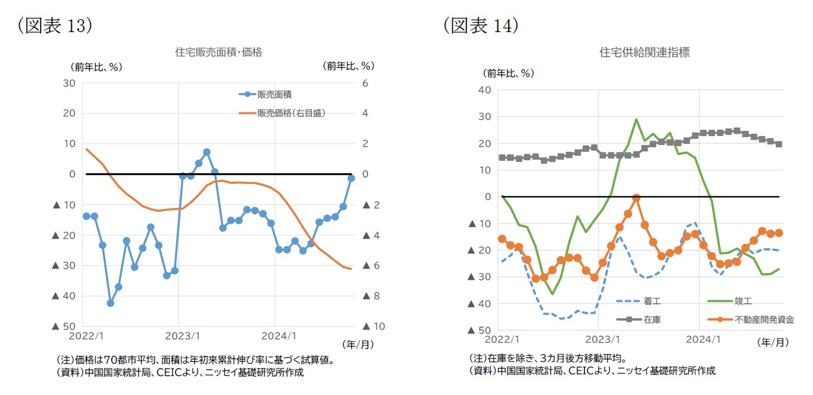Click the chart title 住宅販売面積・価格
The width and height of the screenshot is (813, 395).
[218, 52]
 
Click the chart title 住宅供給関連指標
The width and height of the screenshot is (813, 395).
[644, 52]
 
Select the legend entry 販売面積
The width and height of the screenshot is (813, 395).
[274, 95]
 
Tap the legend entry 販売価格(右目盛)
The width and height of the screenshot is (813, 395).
[291, 113]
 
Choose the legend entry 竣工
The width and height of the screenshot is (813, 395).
[744, 302]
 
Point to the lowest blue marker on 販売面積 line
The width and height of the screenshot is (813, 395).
[111, 303]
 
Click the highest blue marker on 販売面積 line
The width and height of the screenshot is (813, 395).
[207, 152]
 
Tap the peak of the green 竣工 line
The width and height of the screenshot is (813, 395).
[636, 119]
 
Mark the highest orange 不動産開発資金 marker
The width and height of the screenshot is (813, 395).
[636, 198]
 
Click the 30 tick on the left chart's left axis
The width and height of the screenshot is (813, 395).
[69, 84]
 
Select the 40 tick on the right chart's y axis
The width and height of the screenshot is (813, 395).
[484, 90]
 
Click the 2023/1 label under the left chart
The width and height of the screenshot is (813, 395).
[179, 336]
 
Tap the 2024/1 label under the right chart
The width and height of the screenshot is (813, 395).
[700, 340]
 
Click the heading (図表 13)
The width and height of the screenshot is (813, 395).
[54, 26]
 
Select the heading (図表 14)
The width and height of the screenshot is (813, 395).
[480, 26]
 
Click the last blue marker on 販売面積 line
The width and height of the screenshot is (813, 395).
[351, 178]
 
